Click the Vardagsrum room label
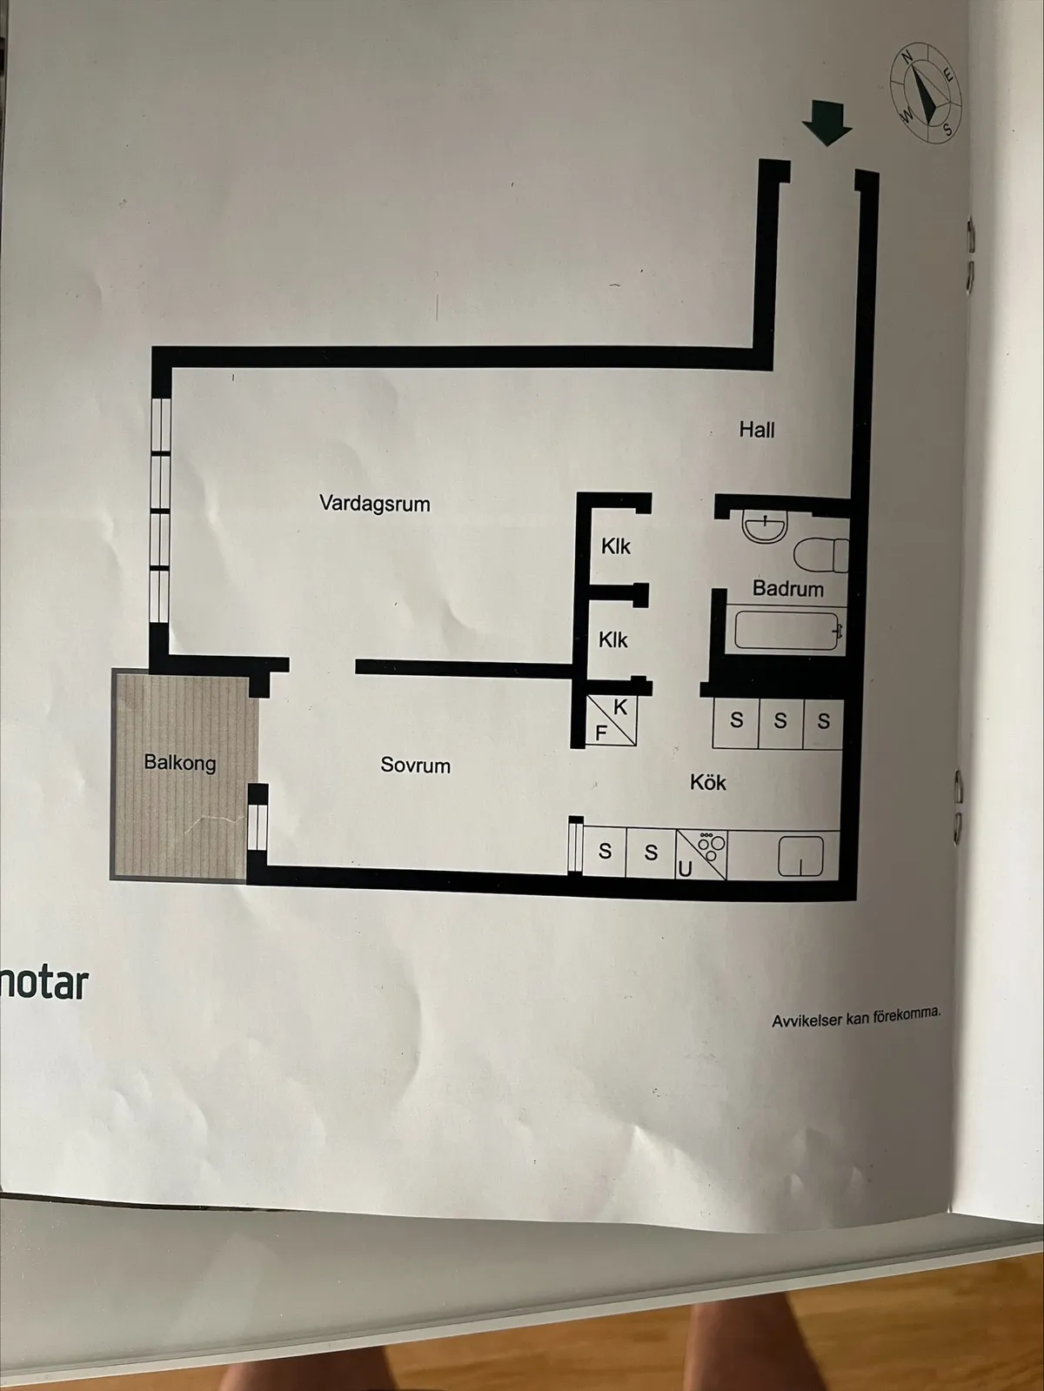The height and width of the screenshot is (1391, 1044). [374, 504]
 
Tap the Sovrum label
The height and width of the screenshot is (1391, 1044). [415, 766]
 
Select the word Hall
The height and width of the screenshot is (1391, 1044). [756, 430]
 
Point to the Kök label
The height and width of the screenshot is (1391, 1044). [707, 783]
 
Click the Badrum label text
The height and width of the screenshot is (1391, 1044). [787, 589]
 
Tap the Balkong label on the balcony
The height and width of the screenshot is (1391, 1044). [180, 762]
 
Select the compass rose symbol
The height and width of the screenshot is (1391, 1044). [926, 92]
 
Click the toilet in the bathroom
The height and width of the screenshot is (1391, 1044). [821, 554]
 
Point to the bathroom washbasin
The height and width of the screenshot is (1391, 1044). [765, 527]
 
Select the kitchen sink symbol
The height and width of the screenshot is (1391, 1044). [800, 855]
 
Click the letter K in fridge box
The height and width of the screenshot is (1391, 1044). [620, 707]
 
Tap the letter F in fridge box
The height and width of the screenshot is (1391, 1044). [600, 733]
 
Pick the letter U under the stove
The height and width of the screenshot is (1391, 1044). [684, 870]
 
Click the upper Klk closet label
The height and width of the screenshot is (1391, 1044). [616, 545]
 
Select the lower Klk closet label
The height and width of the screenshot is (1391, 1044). [612, 639]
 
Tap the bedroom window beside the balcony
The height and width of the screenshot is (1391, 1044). [257, 827]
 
